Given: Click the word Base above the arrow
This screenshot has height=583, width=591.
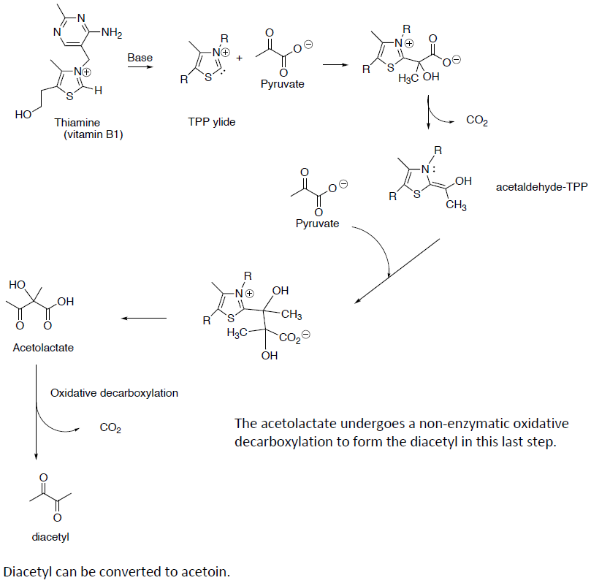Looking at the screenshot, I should (x=140, y=57).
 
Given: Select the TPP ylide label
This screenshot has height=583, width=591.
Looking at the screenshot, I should (x=212, y=122).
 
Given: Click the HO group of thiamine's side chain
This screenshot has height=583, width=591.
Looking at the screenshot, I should (x=23, y=115).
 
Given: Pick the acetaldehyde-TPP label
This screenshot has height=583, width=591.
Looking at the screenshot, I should (x=541, y=187).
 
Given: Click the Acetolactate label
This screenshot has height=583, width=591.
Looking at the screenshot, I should (x=43, y=348).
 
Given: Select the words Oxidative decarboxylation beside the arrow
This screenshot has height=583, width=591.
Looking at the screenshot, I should (x=114, y=393).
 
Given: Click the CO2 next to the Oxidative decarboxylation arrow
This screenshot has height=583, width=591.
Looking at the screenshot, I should (x=110, y=427).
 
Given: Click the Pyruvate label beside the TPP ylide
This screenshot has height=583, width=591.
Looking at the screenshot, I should (x=282, y=85).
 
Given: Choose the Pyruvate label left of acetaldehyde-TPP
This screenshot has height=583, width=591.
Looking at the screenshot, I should (x=317, y=224).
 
